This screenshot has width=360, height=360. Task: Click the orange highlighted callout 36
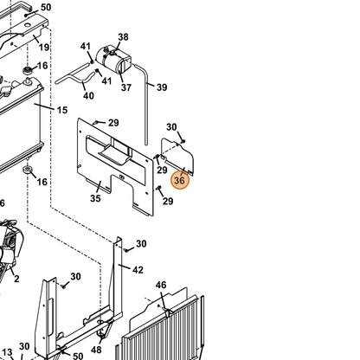coord(180,181)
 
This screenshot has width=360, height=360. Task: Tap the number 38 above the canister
coord(123,37)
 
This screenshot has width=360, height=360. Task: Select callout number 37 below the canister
coord(126,87)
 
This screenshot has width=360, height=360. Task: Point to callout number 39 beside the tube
coord(162,87)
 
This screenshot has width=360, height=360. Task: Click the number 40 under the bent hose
coord(88,95)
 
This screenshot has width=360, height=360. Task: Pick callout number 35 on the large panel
coord(95,198)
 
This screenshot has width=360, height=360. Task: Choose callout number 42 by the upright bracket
coord(138,270)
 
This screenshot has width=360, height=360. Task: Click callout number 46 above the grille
coord(161,286)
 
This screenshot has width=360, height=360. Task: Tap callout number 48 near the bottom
coord(96,350)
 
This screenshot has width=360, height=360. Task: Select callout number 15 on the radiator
coord(62,110)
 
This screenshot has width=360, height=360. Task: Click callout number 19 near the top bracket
coord(44,47)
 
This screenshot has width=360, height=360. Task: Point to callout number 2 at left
coord(16,279)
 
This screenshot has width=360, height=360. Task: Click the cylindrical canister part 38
coord(113,60)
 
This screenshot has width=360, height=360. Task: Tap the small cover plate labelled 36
coord(177,156)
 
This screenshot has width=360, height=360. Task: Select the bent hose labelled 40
coord(74,76)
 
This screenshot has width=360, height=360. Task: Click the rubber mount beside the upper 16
coord(28,70)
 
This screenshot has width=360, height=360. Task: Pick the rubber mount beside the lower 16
coord(28,170)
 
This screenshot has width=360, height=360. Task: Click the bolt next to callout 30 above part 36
coord(183,141)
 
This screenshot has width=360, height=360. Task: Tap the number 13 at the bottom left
coord(7,352)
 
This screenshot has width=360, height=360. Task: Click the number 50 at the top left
coord(46,7)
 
